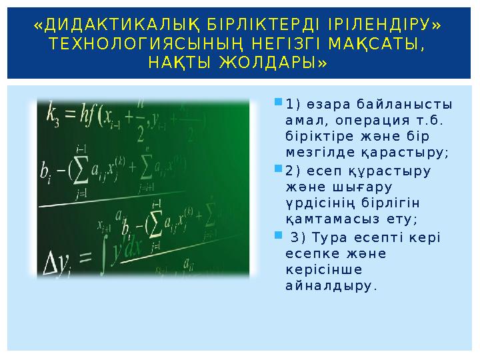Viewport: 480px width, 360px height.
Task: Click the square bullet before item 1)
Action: (278, 105)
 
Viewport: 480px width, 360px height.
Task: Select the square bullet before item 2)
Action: (278, 170)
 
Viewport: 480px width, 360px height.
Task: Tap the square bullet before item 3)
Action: (278, 235)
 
